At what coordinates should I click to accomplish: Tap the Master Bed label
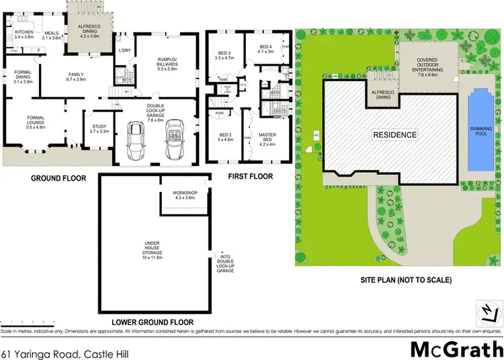[x=267, y=138]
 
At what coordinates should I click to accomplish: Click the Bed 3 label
[x=225, y=56]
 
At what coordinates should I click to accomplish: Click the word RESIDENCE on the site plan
[x=395, y=134]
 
